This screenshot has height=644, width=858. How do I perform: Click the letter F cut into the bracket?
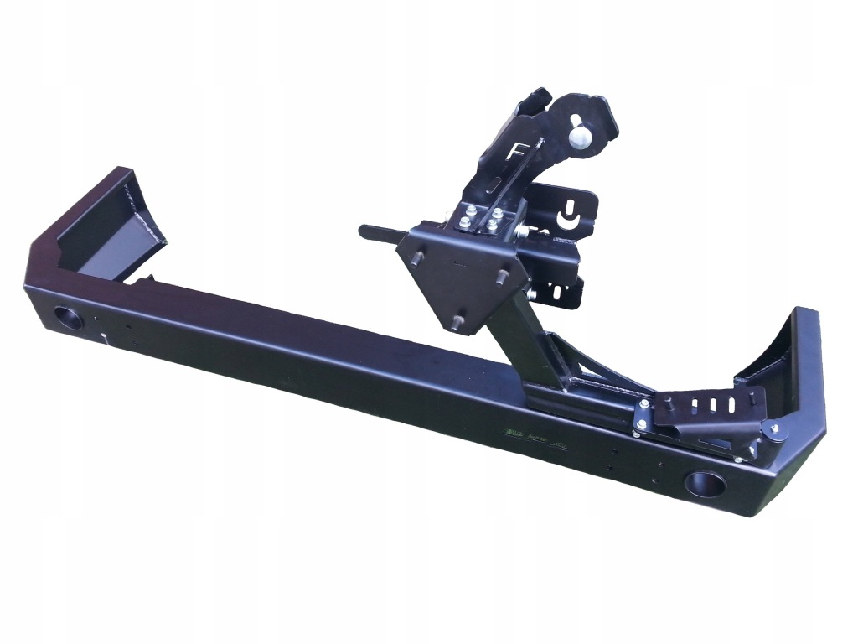[517, 154]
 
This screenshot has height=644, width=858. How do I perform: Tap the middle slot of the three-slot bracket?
[712, 404]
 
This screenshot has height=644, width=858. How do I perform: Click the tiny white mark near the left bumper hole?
[104, 337]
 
